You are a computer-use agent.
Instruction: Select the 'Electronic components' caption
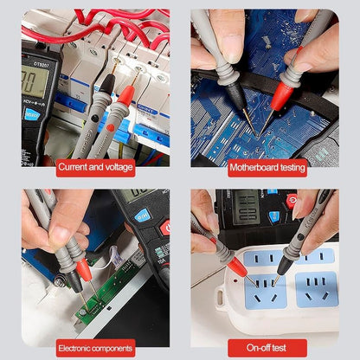(95, 347)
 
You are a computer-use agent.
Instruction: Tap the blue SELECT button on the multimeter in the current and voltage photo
(32, 112)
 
